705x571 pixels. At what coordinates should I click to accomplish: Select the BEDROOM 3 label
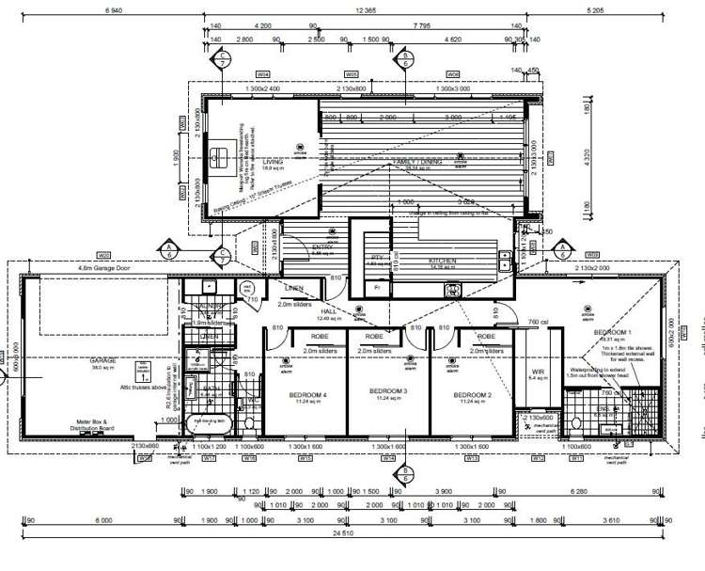(x=387, y=390)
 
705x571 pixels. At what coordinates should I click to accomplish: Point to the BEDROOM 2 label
(x=474, y=390)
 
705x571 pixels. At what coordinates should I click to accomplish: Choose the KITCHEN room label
(x=443, y=261)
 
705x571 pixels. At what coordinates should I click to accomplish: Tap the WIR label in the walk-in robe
(x=539, y=373)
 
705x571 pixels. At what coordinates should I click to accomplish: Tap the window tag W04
(x=263, y=73)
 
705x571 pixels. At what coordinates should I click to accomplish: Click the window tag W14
(x=388, y=458)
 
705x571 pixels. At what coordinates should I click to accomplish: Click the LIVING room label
(x=273, y=162)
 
